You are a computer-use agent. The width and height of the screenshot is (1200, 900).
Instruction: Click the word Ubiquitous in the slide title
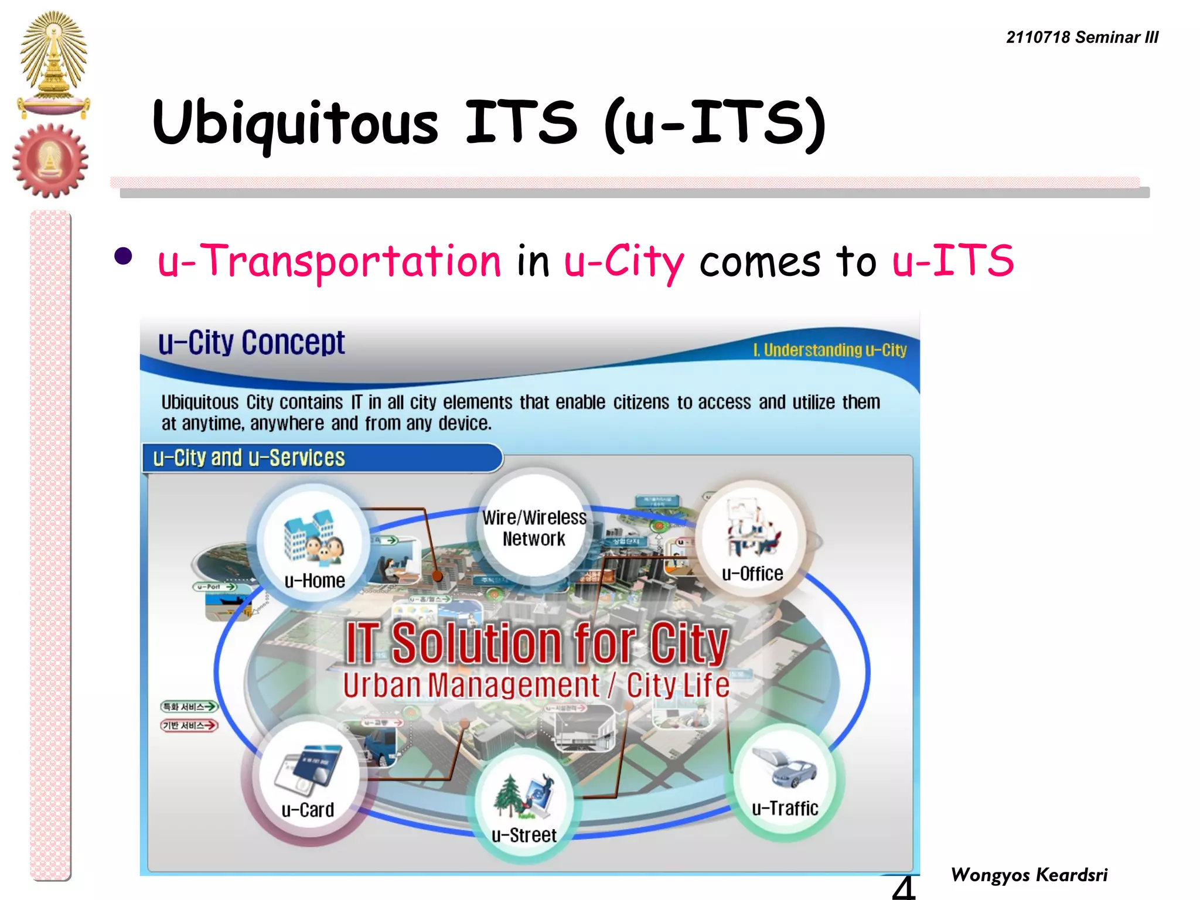click(x=295, y=123)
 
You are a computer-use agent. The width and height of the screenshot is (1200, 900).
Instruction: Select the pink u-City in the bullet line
click(x=623, y=261)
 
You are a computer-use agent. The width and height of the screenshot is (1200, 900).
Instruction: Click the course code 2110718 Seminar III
click(x=1082, y=37)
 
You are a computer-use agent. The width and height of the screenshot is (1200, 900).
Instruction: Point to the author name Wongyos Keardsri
click(x=1029, y=875)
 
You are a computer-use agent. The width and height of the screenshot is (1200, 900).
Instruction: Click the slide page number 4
click(x=903, y=887)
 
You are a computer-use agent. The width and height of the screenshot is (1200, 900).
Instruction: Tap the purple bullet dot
click(x=123, y=257)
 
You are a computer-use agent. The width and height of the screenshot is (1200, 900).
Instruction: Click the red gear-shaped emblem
click(x=50, y=160)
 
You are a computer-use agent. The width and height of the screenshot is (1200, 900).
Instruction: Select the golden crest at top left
click(x=53, y=62)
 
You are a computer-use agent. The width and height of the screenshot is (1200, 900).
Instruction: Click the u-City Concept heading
click(x=251, y=343)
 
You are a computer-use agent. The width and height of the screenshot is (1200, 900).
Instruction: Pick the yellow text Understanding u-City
click(x=830, y=350)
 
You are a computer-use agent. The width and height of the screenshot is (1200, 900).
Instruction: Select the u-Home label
click(x=315, y=581)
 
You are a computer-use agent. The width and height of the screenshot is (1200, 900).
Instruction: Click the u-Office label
click(x=752, y=574)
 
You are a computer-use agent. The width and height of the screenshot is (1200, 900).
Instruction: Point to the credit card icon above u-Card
click(x=309, y=769)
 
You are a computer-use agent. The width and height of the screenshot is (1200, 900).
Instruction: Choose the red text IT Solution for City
click(x=536, y=643)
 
